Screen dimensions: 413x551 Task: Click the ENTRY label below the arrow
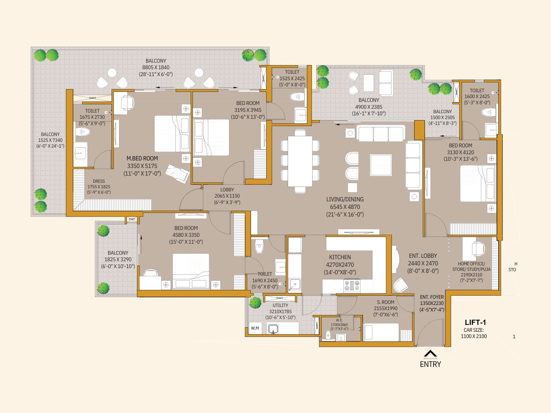coord(430,364)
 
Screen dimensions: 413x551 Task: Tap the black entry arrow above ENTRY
coord(430,354)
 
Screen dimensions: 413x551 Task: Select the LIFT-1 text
coord(475,322)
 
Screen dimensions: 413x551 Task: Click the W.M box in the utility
coord(255,328)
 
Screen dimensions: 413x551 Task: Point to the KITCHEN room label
coord(340,257)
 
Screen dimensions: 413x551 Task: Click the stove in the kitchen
coord(352,285)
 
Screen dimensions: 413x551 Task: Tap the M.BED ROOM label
coord(142,158)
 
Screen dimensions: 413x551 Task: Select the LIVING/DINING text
coord(345,199)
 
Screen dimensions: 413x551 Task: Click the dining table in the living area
coord(300,161)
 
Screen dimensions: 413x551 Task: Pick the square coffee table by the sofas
coord(381,166)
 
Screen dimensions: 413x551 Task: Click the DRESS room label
coord(99,181)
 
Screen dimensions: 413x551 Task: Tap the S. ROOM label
coord(386,302)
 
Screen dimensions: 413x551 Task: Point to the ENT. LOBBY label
coord(423,256)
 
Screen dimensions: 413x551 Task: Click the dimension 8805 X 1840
coord(156,67)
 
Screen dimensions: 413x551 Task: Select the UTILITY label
coord(280,305)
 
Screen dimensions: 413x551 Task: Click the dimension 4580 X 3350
coord(186,235)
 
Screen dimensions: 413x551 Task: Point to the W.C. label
coord(339,320)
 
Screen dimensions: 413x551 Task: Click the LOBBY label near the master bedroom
coord(227,190)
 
